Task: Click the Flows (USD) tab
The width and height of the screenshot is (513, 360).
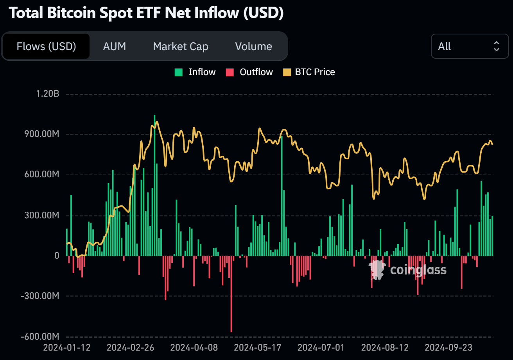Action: coord(46,47)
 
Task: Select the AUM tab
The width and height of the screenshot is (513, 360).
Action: coord(115,47)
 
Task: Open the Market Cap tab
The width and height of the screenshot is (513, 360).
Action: coord(181,47)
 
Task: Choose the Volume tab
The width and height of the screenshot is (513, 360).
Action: coord(253,47)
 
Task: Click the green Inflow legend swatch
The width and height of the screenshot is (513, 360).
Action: coord(179,72)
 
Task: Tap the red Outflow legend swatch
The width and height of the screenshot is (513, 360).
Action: coord(230,72)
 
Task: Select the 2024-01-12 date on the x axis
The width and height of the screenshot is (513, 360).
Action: coord(67,347)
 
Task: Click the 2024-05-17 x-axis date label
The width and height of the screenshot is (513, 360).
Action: coord(258,347)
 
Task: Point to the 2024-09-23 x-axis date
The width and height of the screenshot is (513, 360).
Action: coord(448,347)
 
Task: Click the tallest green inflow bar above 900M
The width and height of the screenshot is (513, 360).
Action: coord(154,184)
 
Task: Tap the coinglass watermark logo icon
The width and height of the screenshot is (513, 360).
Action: coord(377,270)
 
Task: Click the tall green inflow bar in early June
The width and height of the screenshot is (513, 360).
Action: coord(282,196)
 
